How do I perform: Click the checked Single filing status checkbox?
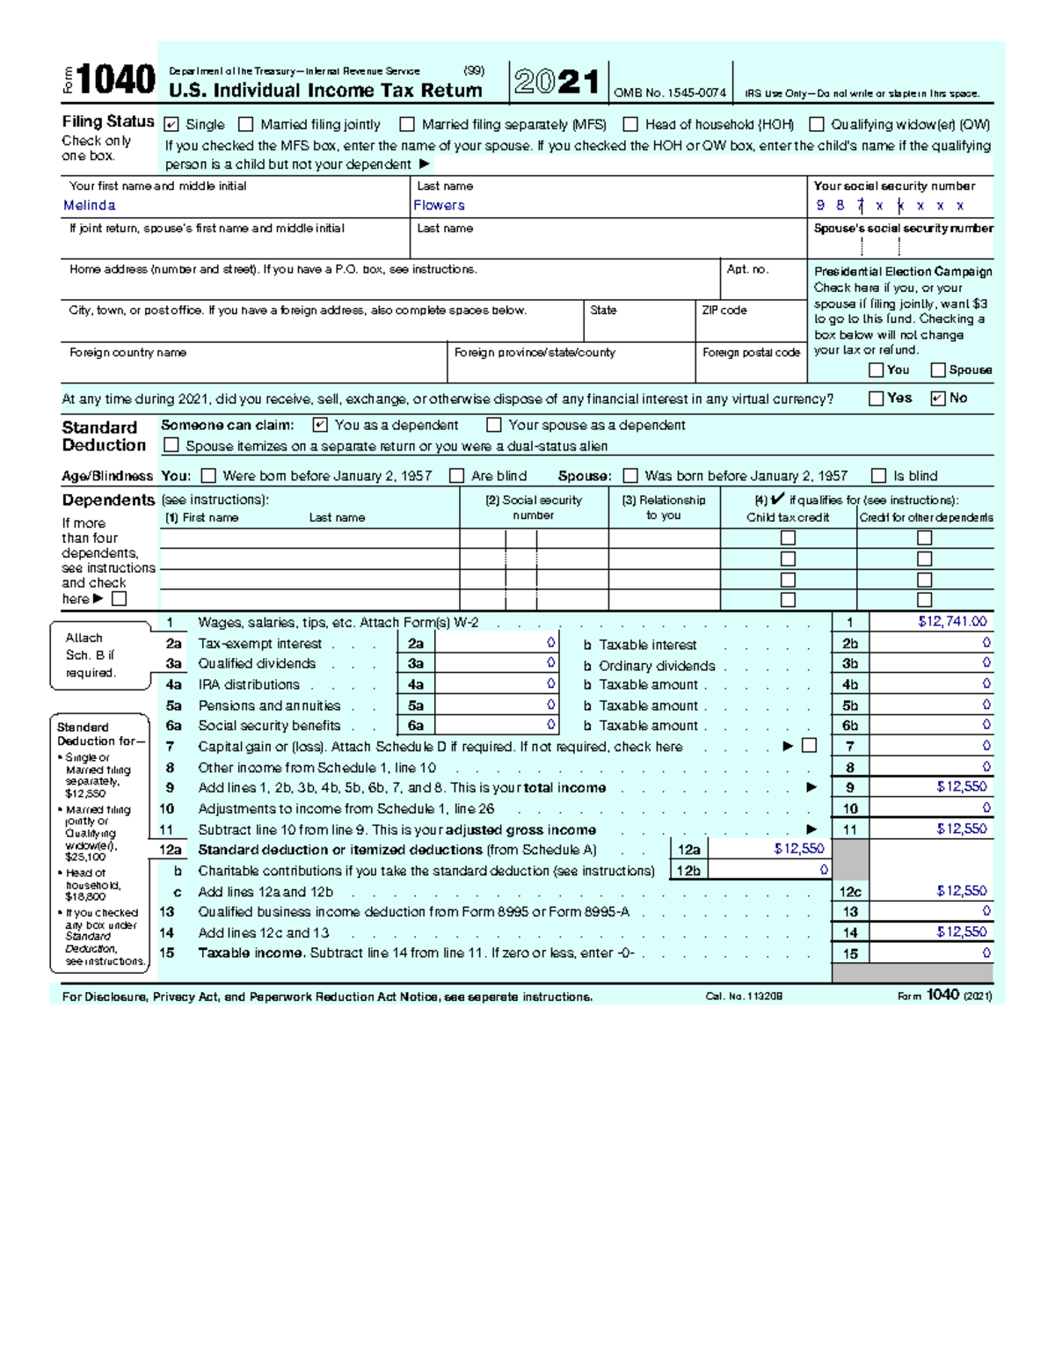[171, 125]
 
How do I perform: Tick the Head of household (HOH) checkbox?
[630, 125]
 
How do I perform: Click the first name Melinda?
[89, 206]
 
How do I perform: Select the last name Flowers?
[439, 206]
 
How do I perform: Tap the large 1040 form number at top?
[115, 81]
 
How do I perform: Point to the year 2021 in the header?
[557, 83]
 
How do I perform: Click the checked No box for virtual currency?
[938, 398]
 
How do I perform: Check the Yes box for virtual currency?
[876, 398]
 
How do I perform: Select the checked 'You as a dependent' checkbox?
[320, 425]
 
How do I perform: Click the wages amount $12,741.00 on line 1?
[952, 622]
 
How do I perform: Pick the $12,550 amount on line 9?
[961, 787]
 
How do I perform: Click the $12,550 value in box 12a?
[798, 850]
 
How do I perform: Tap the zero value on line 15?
[986, 953]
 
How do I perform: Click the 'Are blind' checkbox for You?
[456, 476]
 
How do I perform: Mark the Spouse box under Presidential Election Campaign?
[938, 370]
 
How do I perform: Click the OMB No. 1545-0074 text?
[670, 93]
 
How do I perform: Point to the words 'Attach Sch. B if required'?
[90, 655]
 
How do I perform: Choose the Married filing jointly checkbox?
[246, 125]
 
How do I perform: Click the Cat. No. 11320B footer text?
[744, 997]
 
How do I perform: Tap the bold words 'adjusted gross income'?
[520, 829]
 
